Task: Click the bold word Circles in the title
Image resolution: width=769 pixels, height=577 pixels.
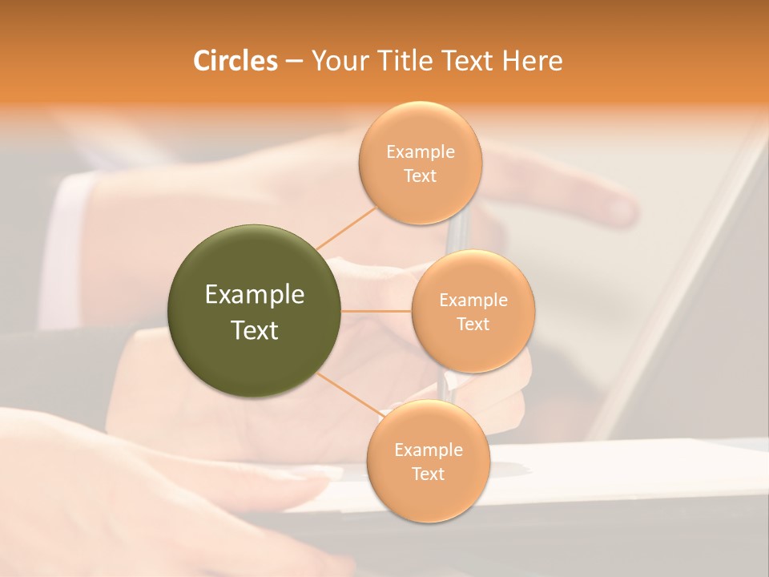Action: coord(235,61)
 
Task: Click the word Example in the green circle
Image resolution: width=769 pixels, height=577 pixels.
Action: coord(255,295)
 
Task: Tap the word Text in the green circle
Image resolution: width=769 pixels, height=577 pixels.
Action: coord(255,330)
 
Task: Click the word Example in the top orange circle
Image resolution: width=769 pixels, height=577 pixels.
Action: coord(420,152)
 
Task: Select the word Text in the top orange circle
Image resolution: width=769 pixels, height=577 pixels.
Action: coord(420,176)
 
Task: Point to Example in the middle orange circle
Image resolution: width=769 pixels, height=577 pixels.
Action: coord(473,301)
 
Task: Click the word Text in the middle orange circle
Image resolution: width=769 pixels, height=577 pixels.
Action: coord(473,324)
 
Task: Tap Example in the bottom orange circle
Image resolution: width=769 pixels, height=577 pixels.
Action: coord(428,450)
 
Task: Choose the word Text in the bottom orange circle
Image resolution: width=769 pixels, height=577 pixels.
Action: coord(428,474)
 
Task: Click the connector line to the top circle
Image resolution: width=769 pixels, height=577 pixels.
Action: coord(346,228)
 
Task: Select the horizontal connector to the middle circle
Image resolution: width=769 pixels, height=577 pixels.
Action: coord(376,311)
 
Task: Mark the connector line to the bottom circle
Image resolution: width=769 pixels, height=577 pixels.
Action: coord(350,394)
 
